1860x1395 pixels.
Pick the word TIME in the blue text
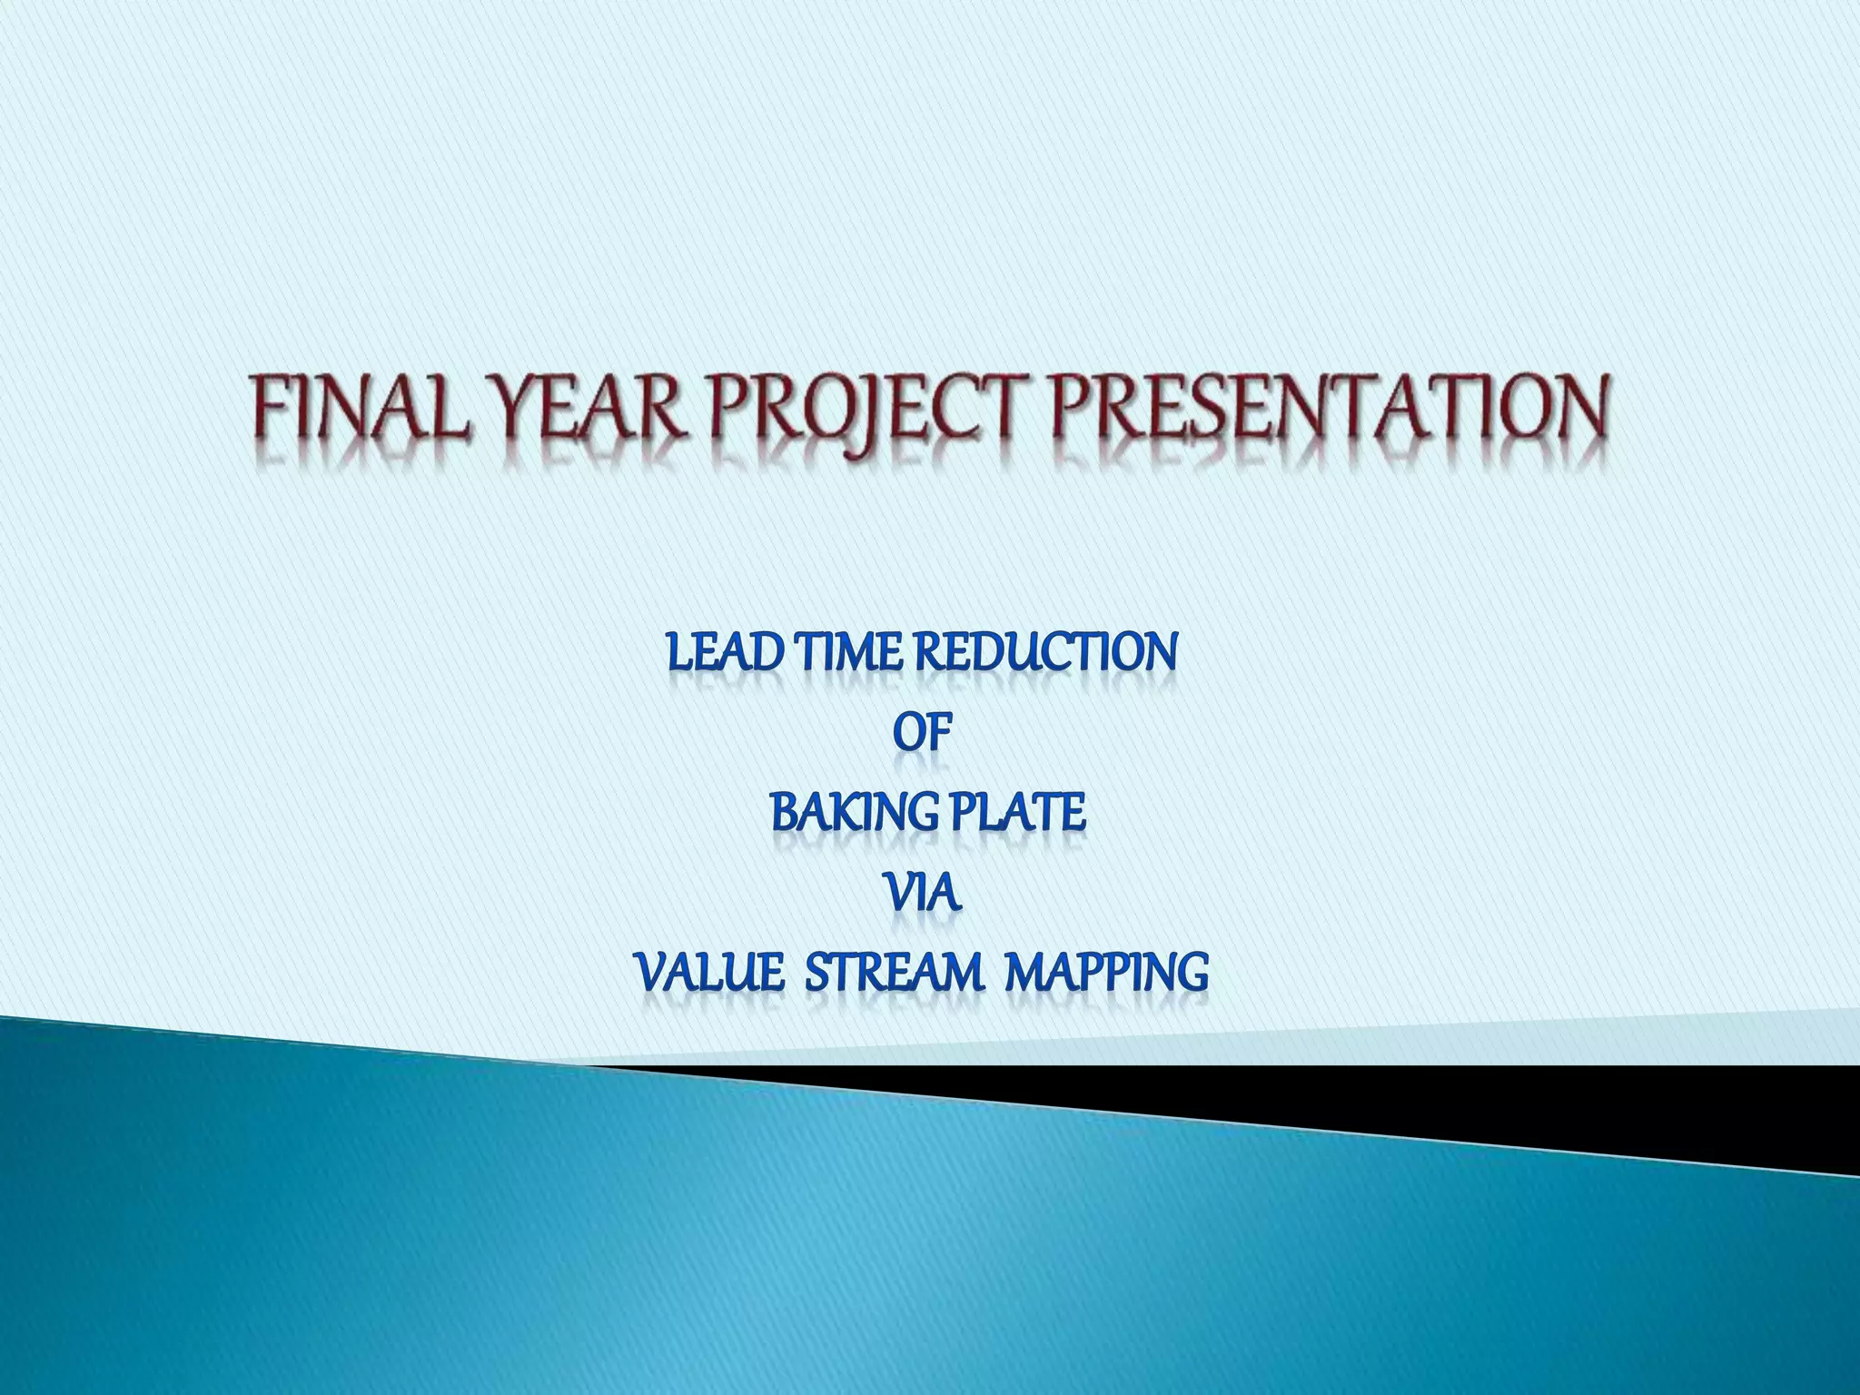coord(848,652)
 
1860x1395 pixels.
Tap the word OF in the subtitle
coord(923,732)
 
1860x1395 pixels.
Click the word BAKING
coord(849,812)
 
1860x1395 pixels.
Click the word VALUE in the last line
coord(709,973)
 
